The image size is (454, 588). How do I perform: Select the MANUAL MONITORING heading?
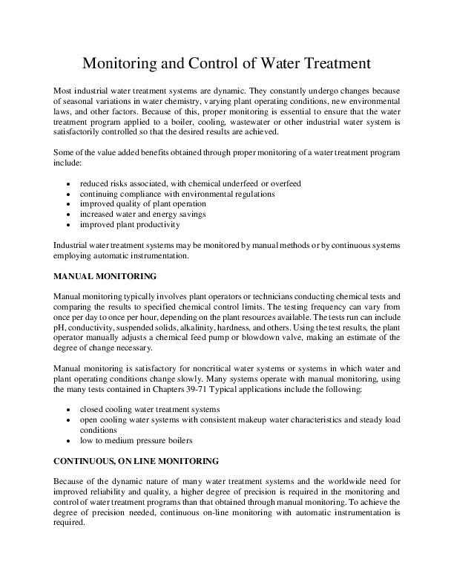(x=104, y=277)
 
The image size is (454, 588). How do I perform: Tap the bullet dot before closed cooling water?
(x=69, y=409)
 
